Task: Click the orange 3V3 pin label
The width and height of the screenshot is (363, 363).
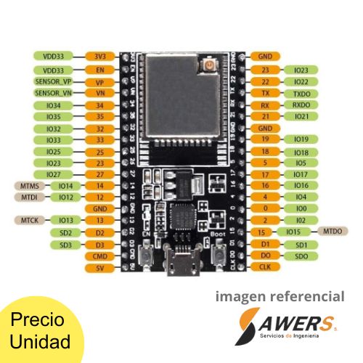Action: pos(99,56)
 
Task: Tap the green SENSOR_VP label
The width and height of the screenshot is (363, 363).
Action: pos(53,82)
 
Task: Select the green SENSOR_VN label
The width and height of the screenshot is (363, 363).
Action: pos(53,94)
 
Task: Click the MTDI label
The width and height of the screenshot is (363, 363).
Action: pos(30,197)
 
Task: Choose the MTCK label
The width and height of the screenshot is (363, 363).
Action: pos(30,220)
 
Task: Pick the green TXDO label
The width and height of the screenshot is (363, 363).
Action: pos(301,94)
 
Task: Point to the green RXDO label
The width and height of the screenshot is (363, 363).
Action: pos(301,106)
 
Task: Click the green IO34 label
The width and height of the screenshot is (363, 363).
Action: pos(53,106)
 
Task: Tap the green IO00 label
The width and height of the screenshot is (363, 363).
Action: pos(301,208)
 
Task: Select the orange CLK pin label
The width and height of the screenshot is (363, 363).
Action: pos(265,267)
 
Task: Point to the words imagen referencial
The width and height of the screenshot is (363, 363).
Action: pos(280,296)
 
